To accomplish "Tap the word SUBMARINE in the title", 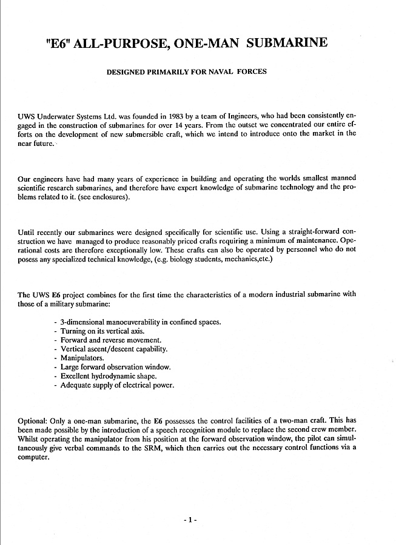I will [x=288, y=42].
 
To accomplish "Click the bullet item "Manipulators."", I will [x=82, y=358].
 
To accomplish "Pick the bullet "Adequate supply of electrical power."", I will [x=117, y=385].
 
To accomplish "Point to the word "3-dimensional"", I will [x=83, y=322].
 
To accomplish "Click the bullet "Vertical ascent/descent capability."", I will [x=114, y=349].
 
